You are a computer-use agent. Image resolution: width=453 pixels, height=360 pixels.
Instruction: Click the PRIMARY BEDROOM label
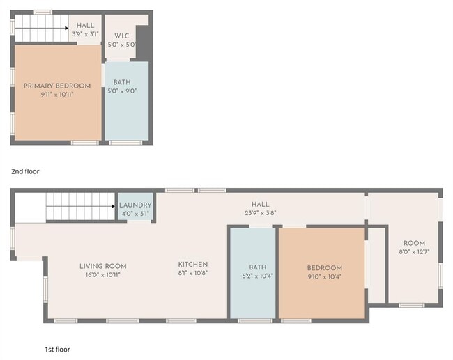pyautogui.click(x=57, y=86)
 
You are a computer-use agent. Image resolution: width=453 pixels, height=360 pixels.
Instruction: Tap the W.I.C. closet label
pyautogui.click(x=122, y=36)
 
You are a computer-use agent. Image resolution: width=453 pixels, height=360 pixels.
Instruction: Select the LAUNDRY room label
pyautogui.click(x=135, y=205)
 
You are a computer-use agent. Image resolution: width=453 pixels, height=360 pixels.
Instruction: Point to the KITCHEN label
pyautogui.click(x=192, y=264)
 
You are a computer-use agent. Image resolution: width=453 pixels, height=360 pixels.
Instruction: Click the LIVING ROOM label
pyautogui.click(x=103, y=266)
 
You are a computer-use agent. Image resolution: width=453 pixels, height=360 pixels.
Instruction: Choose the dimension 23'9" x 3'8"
pyautogui.click(x=261, y=213)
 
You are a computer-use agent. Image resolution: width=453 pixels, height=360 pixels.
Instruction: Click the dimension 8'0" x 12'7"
pyautogui.click(x=414, y=252)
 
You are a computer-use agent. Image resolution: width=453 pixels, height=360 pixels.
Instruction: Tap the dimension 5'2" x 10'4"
pyautogui.click(x=258, y=276)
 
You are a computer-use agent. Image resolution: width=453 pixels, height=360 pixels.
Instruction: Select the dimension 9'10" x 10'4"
pyautogui.click(x=325, y=276)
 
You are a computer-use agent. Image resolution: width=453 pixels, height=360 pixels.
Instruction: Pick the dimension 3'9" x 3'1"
pyautogui.click(x=85, y=34)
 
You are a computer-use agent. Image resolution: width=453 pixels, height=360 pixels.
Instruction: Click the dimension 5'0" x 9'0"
pyautogui.click(x=122, y=91)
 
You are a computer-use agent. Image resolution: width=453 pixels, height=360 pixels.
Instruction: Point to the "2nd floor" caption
pyautogui.click(x=25, y=171)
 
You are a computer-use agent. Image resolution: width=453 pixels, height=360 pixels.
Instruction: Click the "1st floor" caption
pyautogui.click(x=57, y=350)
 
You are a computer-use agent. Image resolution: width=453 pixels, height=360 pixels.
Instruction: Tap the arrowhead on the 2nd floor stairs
pyautogui.click(x=67, y=29)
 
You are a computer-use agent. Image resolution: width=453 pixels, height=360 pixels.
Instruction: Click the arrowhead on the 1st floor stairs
pyautogui.click(x=113, y=206)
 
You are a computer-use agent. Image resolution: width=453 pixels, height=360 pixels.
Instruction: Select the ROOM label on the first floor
pyautogui.click(x=414, y=243)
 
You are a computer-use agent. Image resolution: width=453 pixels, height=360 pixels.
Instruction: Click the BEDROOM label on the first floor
pyautogui.click(x=325, y=268)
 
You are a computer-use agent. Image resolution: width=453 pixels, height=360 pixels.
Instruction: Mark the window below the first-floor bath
pyautogui.click(x=255, y=321)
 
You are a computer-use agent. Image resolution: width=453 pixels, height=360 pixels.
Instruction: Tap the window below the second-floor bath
pyautogui.click(x=125, y=143)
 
